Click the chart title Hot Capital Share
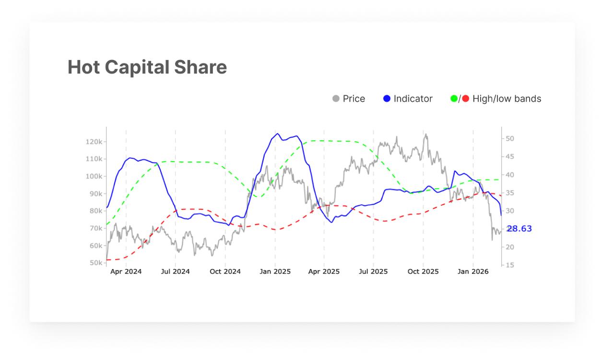pos(147,67)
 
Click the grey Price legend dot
pos(336,99)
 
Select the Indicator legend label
pos(413,99)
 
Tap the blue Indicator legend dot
pos(387,99)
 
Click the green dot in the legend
pos(454,99)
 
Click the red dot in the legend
pos(465,99)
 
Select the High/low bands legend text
pos(507,99)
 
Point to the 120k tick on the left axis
pos(94,142)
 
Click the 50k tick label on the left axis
pos(95,263)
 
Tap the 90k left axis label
pos(95,193)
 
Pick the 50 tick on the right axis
pos(509,139)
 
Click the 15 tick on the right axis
pos(509,265)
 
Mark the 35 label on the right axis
pos(509,193)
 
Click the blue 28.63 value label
pos(520,228)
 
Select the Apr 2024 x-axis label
pos(126,272)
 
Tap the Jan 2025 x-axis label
pos(275,272)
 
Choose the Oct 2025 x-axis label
pos(423,272)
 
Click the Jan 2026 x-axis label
pos(473,272)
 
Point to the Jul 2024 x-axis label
pos(175,272)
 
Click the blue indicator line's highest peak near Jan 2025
pos(277,134)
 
